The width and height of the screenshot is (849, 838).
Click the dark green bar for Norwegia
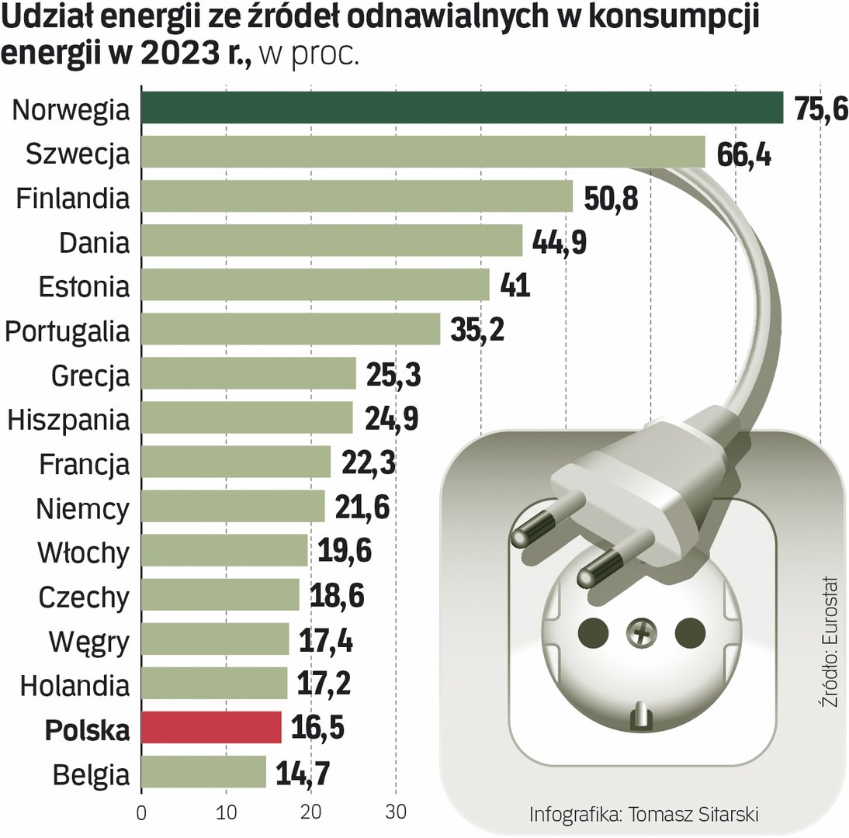point(462,108)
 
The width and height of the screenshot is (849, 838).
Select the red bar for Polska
point(211,728)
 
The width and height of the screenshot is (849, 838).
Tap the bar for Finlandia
point(357,197)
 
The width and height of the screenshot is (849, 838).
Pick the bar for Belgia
point(203,772)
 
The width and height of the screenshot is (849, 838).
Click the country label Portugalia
point(67,331)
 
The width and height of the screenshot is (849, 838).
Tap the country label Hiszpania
point(68,420)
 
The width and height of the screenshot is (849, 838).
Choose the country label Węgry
point(88,642)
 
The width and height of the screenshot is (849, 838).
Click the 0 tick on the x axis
point(141,815)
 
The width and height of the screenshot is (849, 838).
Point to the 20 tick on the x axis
point(310,815)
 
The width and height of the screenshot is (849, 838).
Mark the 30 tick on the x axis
point(396,815)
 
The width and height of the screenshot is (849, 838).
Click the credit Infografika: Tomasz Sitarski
point(643,814)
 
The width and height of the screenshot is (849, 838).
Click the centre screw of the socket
point(641,635)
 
